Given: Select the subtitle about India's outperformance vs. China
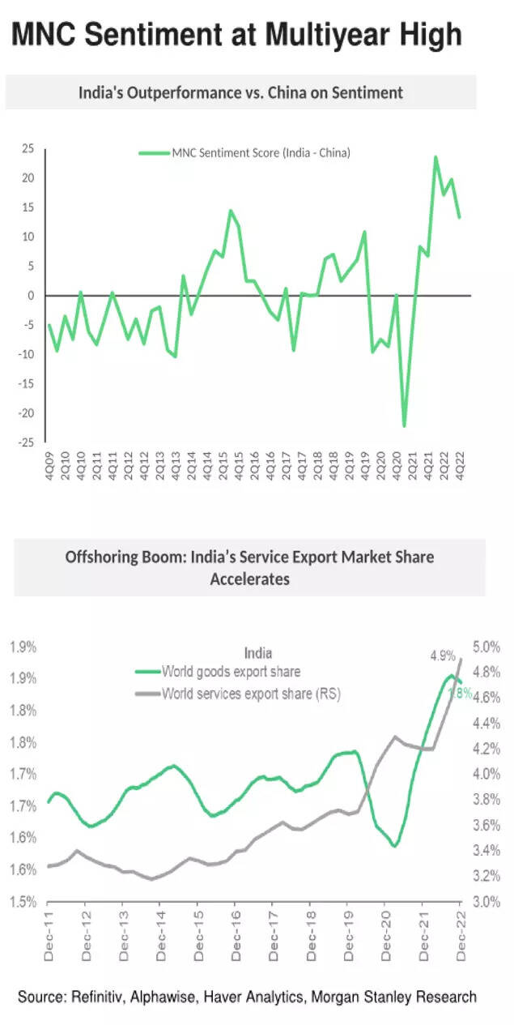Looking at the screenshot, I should tap(240, 92).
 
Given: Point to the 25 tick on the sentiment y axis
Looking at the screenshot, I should tap(28, 148).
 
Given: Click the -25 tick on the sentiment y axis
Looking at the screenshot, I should tap(26, 442).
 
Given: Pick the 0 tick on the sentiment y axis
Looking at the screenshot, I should tap(33, 296).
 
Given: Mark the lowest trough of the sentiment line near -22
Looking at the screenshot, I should tap(404, 425).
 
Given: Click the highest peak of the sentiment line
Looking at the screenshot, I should tap(435, 157).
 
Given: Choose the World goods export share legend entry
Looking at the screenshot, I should tap(231, 672).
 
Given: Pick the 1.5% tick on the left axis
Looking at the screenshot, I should tap(23, 901).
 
